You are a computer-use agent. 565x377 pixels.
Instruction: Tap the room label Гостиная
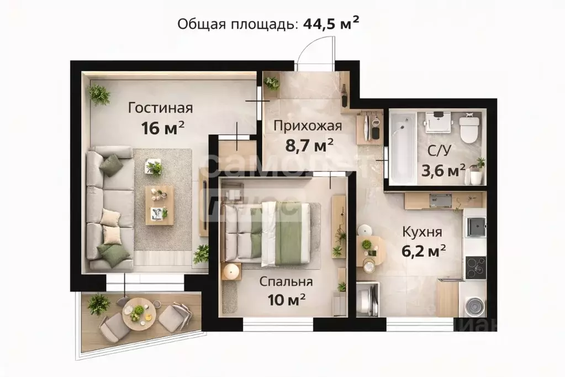160,107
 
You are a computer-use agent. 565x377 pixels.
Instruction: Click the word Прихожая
308,125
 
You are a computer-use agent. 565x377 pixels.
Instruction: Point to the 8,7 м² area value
308,145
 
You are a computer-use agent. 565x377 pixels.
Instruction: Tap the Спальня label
286,281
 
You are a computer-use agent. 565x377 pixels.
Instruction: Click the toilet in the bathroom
468,129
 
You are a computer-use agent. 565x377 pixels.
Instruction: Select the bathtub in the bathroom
400,148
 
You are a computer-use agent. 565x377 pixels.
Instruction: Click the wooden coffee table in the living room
159,205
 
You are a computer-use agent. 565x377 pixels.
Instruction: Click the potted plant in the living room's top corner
100,95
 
